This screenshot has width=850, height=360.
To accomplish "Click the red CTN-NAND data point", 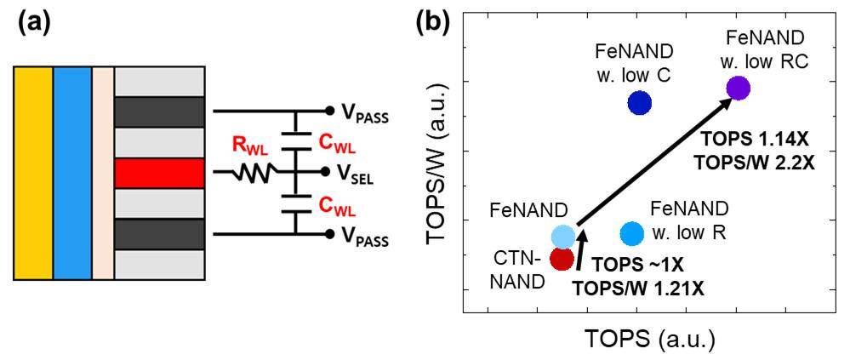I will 562,258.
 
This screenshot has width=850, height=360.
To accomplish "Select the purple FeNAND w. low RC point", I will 737,88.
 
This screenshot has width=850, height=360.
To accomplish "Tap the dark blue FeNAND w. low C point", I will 639,103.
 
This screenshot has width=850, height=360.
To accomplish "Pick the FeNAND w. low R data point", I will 631,232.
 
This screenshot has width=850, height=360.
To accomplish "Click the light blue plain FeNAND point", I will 562,236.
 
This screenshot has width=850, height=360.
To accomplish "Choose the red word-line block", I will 159,173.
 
